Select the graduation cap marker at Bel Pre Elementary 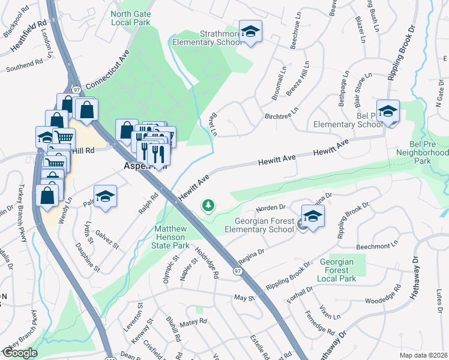pyautogui.click(x=388, y=110)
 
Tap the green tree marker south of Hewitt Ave pyautogui.click(x=209, y=206)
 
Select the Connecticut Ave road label pyautogui.click(x=109, y=75)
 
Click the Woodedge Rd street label pyautogui.click(x=382, y=300)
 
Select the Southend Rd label pyautogui.click(x=25, y=65)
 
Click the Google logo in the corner pyautogui.click(x=20, y=353)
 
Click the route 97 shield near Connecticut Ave pyautogui.click(x=76, y=89)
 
